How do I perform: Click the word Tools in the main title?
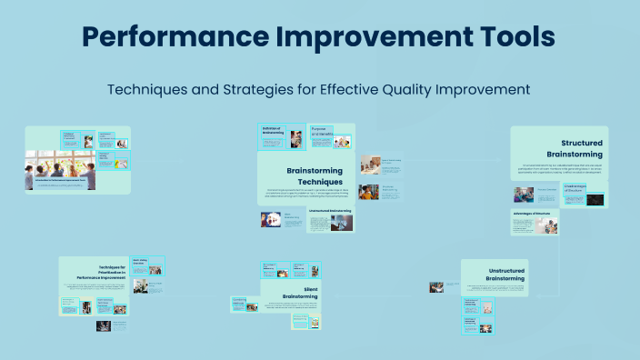[x=513, y=37]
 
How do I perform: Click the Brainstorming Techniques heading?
[x=315, y=176]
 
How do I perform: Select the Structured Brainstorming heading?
[x=571, y=148]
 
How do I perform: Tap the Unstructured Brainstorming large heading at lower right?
[x=497, y=276]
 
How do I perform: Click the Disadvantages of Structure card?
[x=583, y=193]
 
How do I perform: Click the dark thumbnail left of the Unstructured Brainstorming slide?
[x=438, y=287]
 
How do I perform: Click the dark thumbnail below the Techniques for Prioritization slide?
[x=105, y=325]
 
